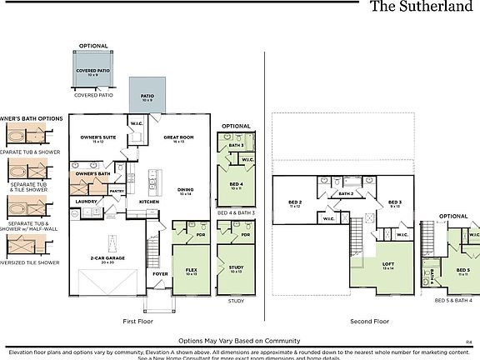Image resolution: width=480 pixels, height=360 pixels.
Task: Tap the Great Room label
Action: [178, 138]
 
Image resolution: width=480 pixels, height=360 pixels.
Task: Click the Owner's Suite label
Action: [97, 138]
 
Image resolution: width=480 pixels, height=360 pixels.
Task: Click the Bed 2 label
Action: [294, 202]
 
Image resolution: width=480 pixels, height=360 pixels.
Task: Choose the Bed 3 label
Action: [394, 202]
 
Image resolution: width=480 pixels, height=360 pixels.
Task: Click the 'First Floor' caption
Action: [139, 321]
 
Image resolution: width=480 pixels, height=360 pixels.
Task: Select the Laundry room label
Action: [85, 201]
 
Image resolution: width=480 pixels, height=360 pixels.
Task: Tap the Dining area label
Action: [186, 191]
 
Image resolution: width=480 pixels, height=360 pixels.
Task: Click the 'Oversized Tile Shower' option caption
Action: [31, 262]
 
